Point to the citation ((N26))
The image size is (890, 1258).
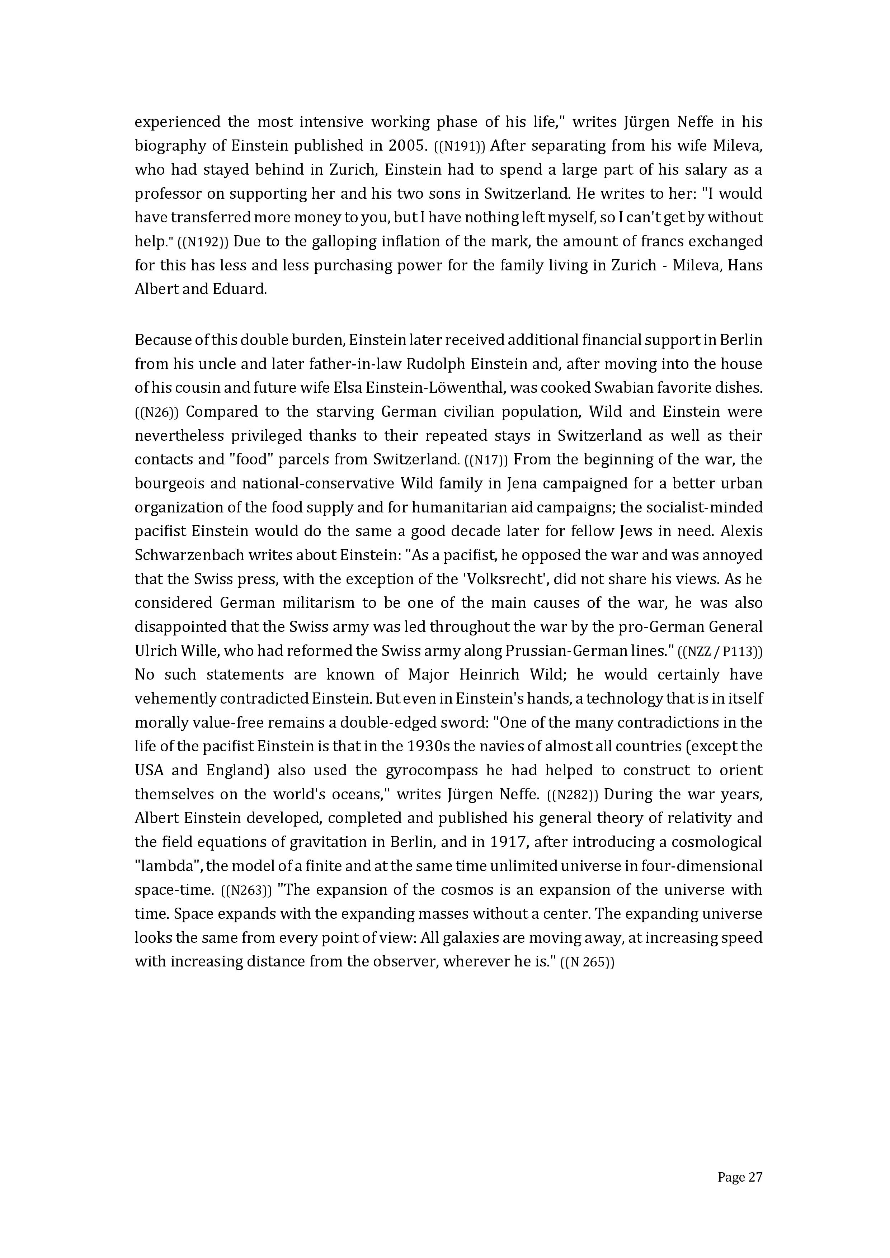tap(157, 412)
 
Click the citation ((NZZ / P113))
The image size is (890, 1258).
tap(720, 652)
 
